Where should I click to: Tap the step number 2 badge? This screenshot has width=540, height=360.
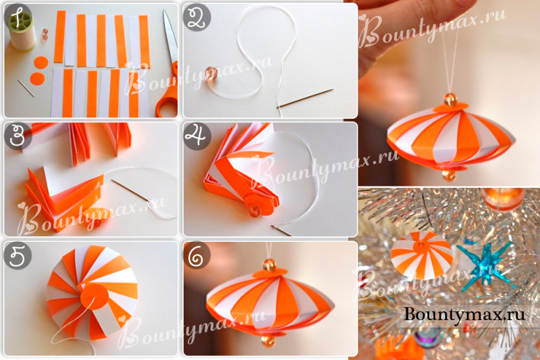(x=196, y=18)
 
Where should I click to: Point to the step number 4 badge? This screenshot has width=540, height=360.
(x=197, y=136)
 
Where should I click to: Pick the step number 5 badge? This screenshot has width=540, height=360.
(x=18, y=255)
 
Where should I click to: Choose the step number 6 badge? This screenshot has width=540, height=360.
(x=197, y=255)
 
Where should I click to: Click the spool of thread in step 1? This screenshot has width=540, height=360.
(x=22, y=30)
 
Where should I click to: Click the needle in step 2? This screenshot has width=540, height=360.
(x=305, y=98)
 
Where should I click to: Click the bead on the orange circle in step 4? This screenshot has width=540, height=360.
(x=254, y=211)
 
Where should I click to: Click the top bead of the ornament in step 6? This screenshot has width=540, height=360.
(x=269, y=265)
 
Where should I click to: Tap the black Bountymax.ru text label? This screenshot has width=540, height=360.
(x=464, y=315)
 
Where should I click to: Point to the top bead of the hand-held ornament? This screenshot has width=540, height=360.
(x=450, y=99)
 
